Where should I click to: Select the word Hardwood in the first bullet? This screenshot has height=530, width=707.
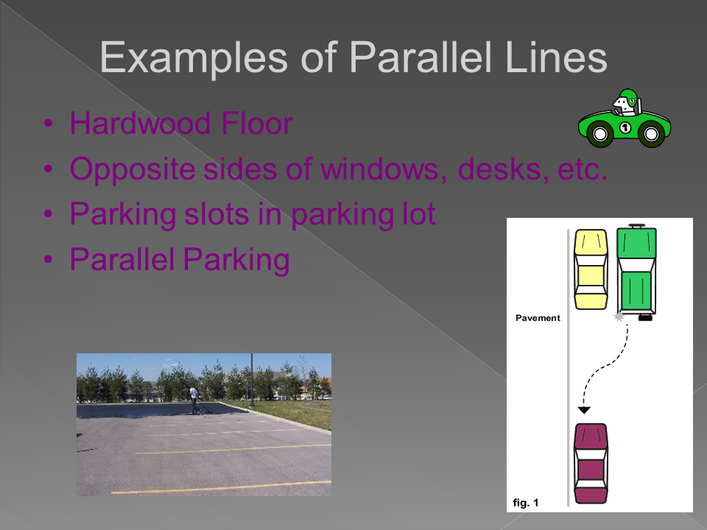pyautogui.click(x=140, y=123)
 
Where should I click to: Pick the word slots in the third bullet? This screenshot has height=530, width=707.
pyautogui.click(x=217, y=213)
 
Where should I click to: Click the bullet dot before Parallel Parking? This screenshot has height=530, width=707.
pyautogui.click(x=49, y=259)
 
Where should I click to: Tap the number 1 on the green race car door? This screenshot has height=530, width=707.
pyautogui.click(x=625, y=127)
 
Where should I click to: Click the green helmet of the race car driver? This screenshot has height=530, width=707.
pyautogui.click(x=627, y=96)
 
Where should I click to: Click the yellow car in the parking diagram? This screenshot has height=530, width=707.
pyautogui.click(x=591, y=269)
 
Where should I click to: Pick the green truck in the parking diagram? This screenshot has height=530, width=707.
pyautogui.click(x=636, y=272)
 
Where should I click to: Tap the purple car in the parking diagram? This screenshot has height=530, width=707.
pyautogui.click(x=591, y=463)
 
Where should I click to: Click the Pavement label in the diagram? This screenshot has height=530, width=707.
pyautogui.click(x=538, y=318)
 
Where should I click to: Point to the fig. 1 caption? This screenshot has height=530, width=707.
pyautogui.click(x=526, y=503)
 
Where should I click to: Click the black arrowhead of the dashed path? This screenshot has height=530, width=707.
pyautogui.click(x=584, y=410)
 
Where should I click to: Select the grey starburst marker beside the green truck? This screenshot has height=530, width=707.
pyautogui.click(x=619, y=317)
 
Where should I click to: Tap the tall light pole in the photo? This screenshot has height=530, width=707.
pyautogui.click(x=252, y=380)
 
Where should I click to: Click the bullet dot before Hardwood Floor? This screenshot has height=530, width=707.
pyautogui.click(x=49, y=123)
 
